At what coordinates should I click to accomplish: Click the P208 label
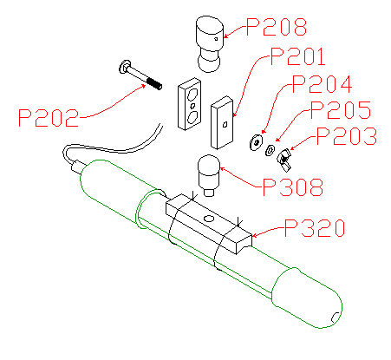pyautogui.click(x=277, y=27)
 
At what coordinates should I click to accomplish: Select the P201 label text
pyautogui.click(x=298, y=56)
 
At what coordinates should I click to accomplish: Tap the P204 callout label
pyautogui.click(x=322, y=84)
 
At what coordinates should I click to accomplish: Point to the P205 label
pyautogui.click(x=341, y=110)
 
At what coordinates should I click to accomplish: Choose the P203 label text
pyautogui.click(x=347, y=136)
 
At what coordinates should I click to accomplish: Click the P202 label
pyautogui.click(x=49, y=118)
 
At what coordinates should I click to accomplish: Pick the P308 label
pyautogui.click(x=293, y=187)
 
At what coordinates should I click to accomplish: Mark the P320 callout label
pyautogui.click(x=315, y=228)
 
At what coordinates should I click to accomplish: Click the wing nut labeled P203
pyautogui.click(x=284, y=160)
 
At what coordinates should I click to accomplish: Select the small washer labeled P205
pyautogui.click(x=270, y=150)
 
